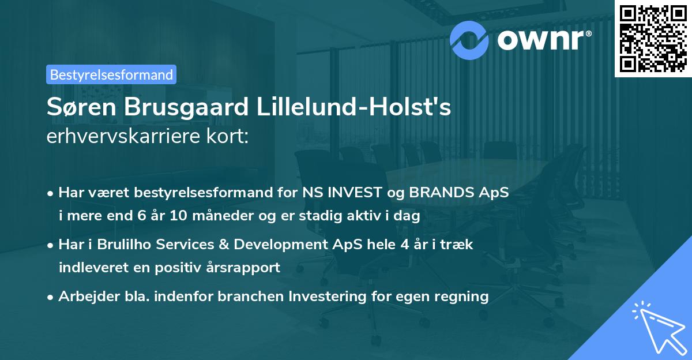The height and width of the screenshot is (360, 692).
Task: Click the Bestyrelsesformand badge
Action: (111, 74)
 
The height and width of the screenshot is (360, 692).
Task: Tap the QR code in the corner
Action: (653, 38)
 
